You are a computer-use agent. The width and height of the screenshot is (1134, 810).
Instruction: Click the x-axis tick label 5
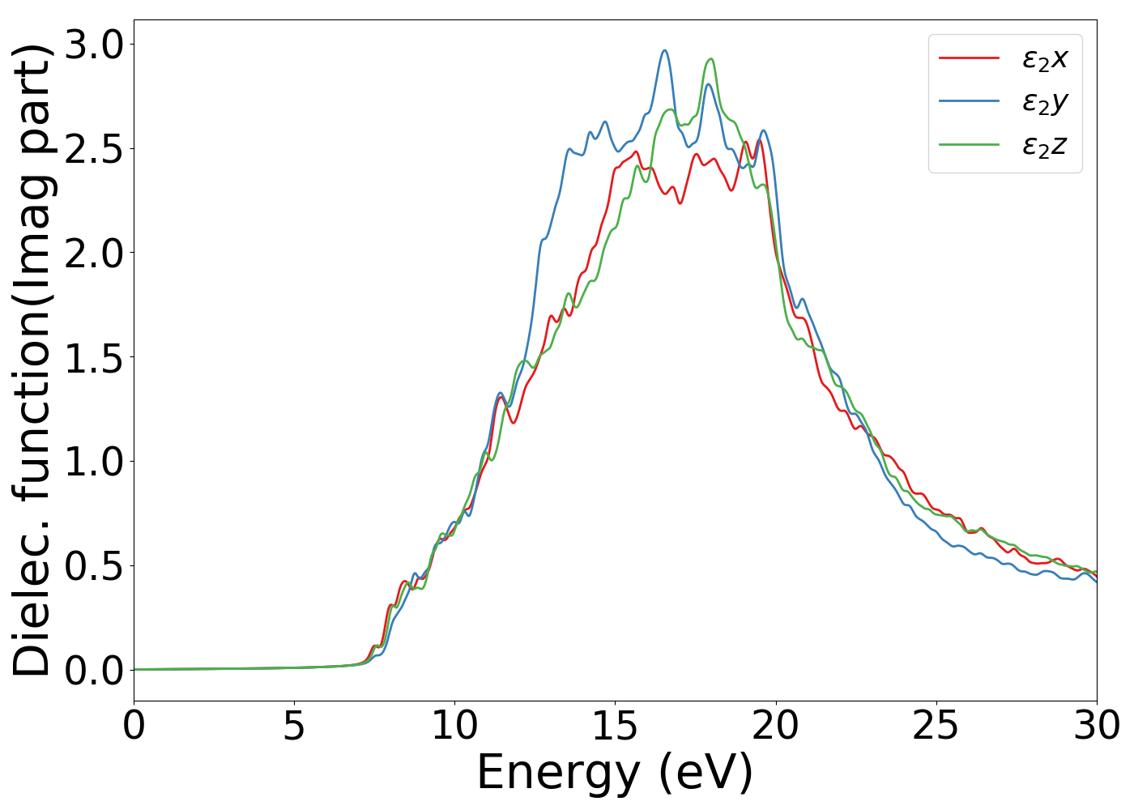(x=294, y=726)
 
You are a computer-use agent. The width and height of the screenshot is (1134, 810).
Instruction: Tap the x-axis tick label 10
(x=454, y=726)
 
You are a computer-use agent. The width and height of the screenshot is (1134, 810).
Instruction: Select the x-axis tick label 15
(x=615, y=726)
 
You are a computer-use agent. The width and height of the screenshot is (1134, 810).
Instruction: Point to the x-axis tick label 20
(x=775, y=726)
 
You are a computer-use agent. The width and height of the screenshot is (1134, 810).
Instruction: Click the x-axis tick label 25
(x=936, y=726)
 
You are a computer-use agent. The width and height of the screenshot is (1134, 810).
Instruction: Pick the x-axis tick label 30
(x=1096, y=726)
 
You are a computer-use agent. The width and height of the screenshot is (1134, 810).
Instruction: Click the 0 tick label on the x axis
(x=134, y=726)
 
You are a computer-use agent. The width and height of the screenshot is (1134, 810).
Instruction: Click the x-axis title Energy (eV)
(x=615, y=773)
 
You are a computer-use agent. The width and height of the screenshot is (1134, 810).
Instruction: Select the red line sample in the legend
(x=969, y=58)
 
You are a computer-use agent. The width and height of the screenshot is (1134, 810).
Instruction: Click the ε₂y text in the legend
(x=1045, y=102)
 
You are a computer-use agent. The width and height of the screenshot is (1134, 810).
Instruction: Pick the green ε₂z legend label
(x=1045, y=146)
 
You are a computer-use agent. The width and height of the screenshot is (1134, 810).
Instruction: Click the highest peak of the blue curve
(x=664, y=50)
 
